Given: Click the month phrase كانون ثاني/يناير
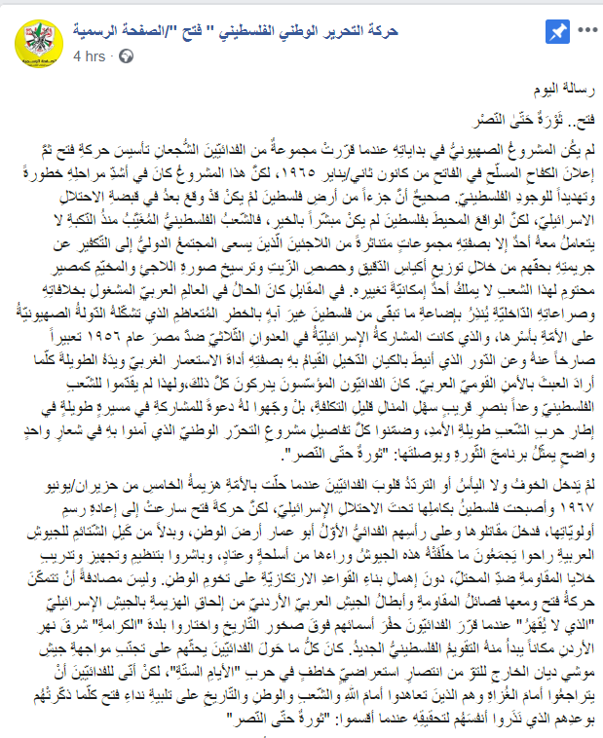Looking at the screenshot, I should (x=401, y=166).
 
